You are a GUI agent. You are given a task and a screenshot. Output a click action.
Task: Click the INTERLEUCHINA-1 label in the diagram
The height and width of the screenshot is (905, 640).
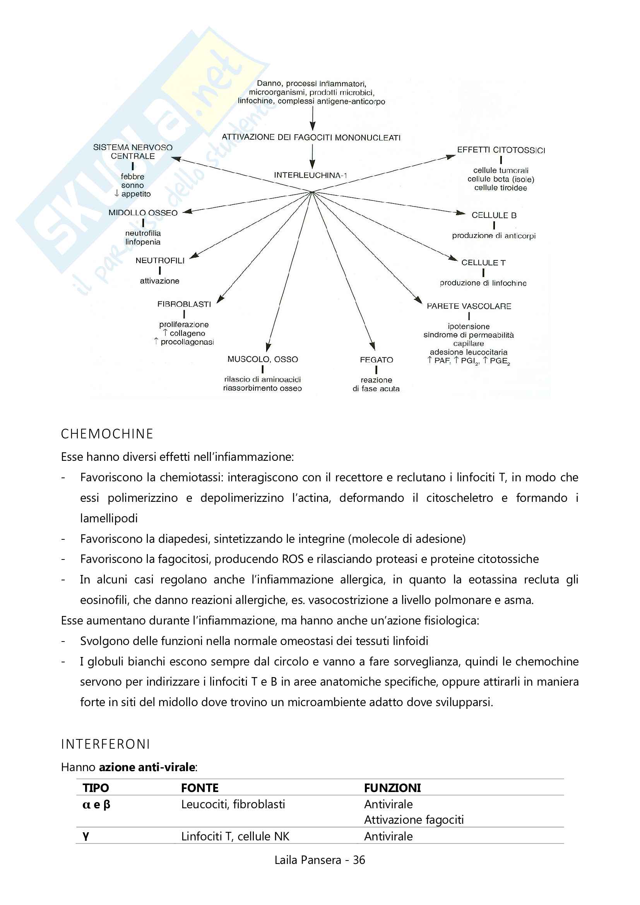pyautogui.click(x=310, y=175)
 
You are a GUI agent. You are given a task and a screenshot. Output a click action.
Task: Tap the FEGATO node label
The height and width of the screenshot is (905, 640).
pyautogui.click(x=376, y=360)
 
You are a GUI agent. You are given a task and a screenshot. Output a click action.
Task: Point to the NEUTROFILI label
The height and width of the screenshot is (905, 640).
pyautogui.click(x=160, y=260)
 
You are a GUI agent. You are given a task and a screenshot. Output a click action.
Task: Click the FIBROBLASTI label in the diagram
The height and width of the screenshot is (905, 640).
pyautogui.click(x=184, y=304)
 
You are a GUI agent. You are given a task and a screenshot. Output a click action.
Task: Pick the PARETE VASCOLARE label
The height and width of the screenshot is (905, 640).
pyautogui.click(x=469, y=306)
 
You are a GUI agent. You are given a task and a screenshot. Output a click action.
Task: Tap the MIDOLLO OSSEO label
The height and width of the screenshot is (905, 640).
pyautogui.click(x=143, y=213)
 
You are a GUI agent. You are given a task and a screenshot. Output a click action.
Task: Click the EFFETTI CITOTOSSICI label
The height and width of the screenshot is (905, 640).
pyautogui.click(x=501, y=150)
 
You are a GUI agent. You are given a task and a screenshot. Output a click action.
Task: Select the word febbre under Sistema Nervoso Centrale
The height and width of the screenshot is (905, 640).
pyautogui.click(x=132, y=176)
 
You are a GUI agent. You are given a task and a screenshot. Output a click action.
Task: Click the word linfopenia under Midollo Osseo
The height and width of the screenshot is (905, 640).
pyautogui.click(x=143, y=242)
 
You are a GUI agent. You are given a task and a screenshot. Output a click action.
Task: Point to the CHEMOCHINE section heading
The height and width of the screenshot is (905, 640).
pyautogui.click(x=107, y=434)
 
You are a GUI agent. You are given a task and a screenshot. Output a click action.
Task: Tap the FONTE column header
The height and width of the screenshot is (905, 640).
pyautogui.click(x=200, y=788)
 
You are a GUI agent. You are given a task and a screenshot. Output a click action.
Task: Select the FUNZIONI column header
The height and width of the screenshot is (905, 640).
pyautogui.click(x=392, y=788)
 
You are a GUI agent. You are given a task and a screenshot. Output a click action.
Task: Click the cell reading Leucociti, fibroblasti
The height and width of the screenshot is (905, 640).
pyautogui.click(x=233, y=804)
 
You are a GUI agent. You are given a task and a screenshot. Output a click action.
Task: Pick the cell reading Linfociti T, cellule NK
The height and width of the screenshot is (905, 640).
pyautogui.click(x=235, y=837)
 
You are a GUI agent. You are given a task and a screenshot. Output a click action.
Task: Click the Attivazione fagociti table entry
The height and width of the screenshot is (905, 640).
pyautogui.click(x=413, y=820)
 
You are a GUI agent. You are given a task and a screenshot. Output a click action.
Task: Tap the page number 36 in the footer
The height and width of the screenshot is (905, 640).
pyautogui.click(x=359, y=860)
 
